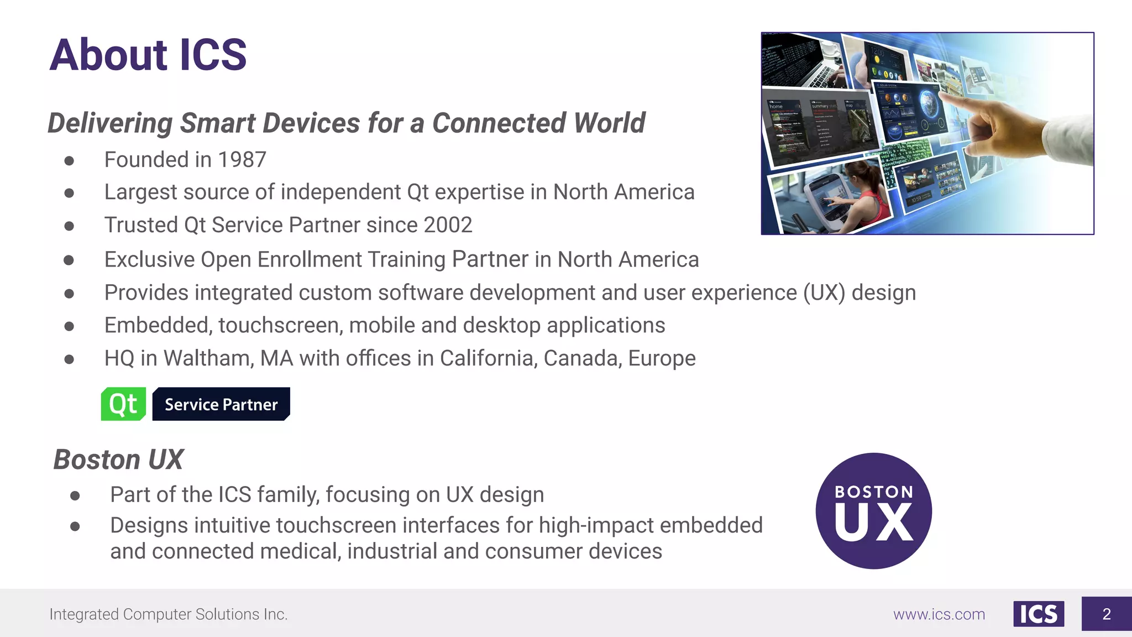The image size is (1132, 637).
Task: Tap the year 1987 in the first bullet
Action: pyautogui.click(x=242, y=160)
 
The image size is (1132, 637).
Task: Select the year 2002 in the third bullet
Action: pyautogui.click(x=448, y=225)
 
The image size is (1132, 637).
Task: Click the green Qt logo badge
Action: pyautogui.click(x=123, y=404)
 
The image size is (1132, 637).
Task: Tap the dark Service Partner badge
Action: pyautogui.click(x=221, y=404)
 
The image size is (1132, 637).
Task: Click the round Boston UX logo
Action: pyautogui.click(x=873, y=511)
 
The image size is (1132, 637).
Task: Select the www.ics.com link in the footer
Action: pyautogui.click(x=939, y=614)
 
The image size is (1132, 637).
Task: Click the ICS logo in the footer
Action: pyautogui.click(x=1038, y=614)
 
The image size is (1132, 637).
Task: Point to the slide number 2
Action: pyautogui.click(x=1106, y=614)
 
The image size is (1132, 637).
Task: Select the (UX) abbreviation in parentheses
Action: pyautogui.click(x=824, y=293)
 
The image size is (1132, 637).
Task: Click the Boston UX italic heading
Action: pyautogui.click(x=118, y=460)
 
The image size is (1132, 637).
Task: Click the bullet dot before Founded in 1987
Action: pyautogui.click(x=69, y=160)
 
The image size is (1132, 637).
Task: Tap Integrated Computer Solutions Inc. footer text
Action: pyautogui.click(x=169, y=614)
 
